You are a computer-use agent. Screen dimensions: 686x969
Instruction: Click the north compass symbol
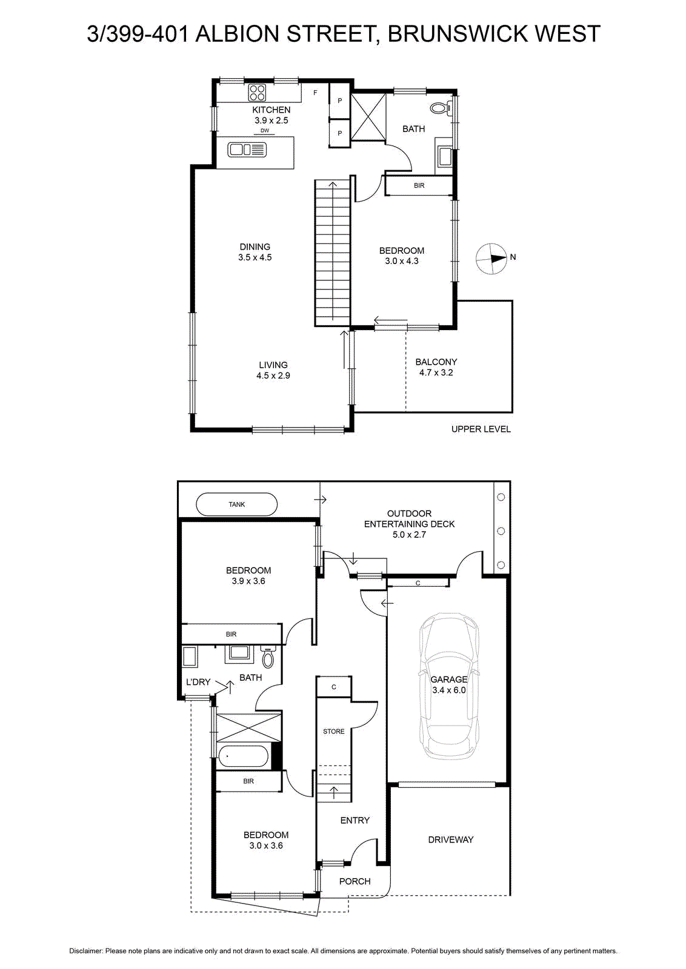click(x=491, y=259)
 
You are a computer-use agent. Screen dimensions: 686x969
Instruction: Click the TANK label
click(x=237, y=504)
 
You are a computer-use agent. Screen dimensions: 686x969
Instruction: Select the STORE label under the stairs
click(x=334, y=732)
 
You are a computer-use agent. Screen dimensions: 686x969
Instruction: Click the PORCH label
click(x=355, y=881)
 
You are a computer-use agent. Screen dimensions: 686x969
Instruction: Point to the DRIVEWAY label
click(x=450, y=839)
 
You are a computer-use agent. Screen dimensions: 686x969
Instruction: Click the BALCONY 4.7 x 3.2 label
click(x=436, y=367)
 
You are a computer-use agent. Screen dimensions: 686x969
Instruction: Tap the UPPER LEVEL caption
click(x=481, y=429)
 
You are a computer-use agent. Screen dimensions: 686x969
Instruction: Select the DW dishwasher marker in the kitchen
click(x=264, y=131)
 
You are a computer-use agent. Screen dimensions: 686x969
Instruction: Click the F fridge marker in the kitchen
click(x=316, y=93)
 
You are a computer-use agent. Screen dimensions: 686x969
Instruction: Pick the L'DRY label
click(x=198, y=682)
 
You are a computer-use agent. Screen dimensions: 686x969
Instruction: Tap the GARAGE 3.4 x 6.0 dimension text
click(x=449, y=685)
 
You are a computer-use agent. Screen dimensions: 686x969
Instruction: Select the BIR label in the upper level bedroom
click(x=419, y=185)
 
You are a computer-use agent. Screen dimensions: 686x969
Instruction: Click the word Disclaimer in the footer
click(x=85, y=951)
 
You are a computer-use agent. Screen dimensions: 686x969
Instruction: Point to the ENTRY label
click(x=355, y=821)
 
